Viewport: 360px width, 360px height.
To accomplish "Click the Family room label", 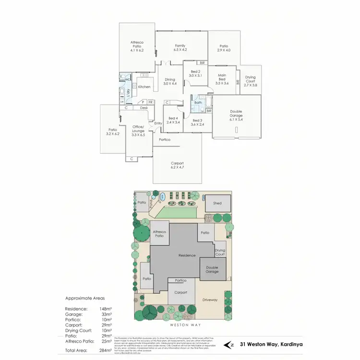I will click(x=180, y=46).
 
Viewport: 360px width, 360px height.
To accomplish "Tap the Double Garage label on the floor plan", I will click(x=236, y=113).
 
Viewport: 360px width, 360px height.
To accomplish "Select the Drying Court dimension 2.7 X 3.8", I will click(x=251, y=85).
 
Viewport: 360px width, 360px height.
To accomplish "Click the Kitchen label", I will click(x=144, y=87).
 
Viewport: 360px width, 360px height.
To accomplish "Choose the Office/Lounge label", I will click(x=138, y=127).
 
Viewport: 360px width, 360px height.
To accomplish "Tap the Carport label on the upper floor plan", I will click(x=177, y=163).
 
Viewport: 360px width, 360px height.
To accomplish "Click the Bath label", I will click(x=198, y=103).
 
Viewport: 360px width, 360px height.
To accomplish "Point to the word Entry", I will click(x=158, y=123).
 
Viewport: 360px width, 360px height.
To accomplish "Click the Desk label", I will click(x=144, y=108).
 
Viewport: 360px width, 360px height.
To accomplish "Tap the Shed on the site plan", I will click(x=217, y=204).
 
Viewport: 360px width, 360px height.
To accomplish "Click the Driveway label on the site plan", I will click(x=210, y=300).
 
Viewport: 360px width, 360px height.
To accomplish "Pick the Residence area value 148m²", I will click(x=106, y=309).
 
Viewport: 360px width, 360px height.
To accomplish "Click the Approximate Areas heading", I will click(x=84, y=298).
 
